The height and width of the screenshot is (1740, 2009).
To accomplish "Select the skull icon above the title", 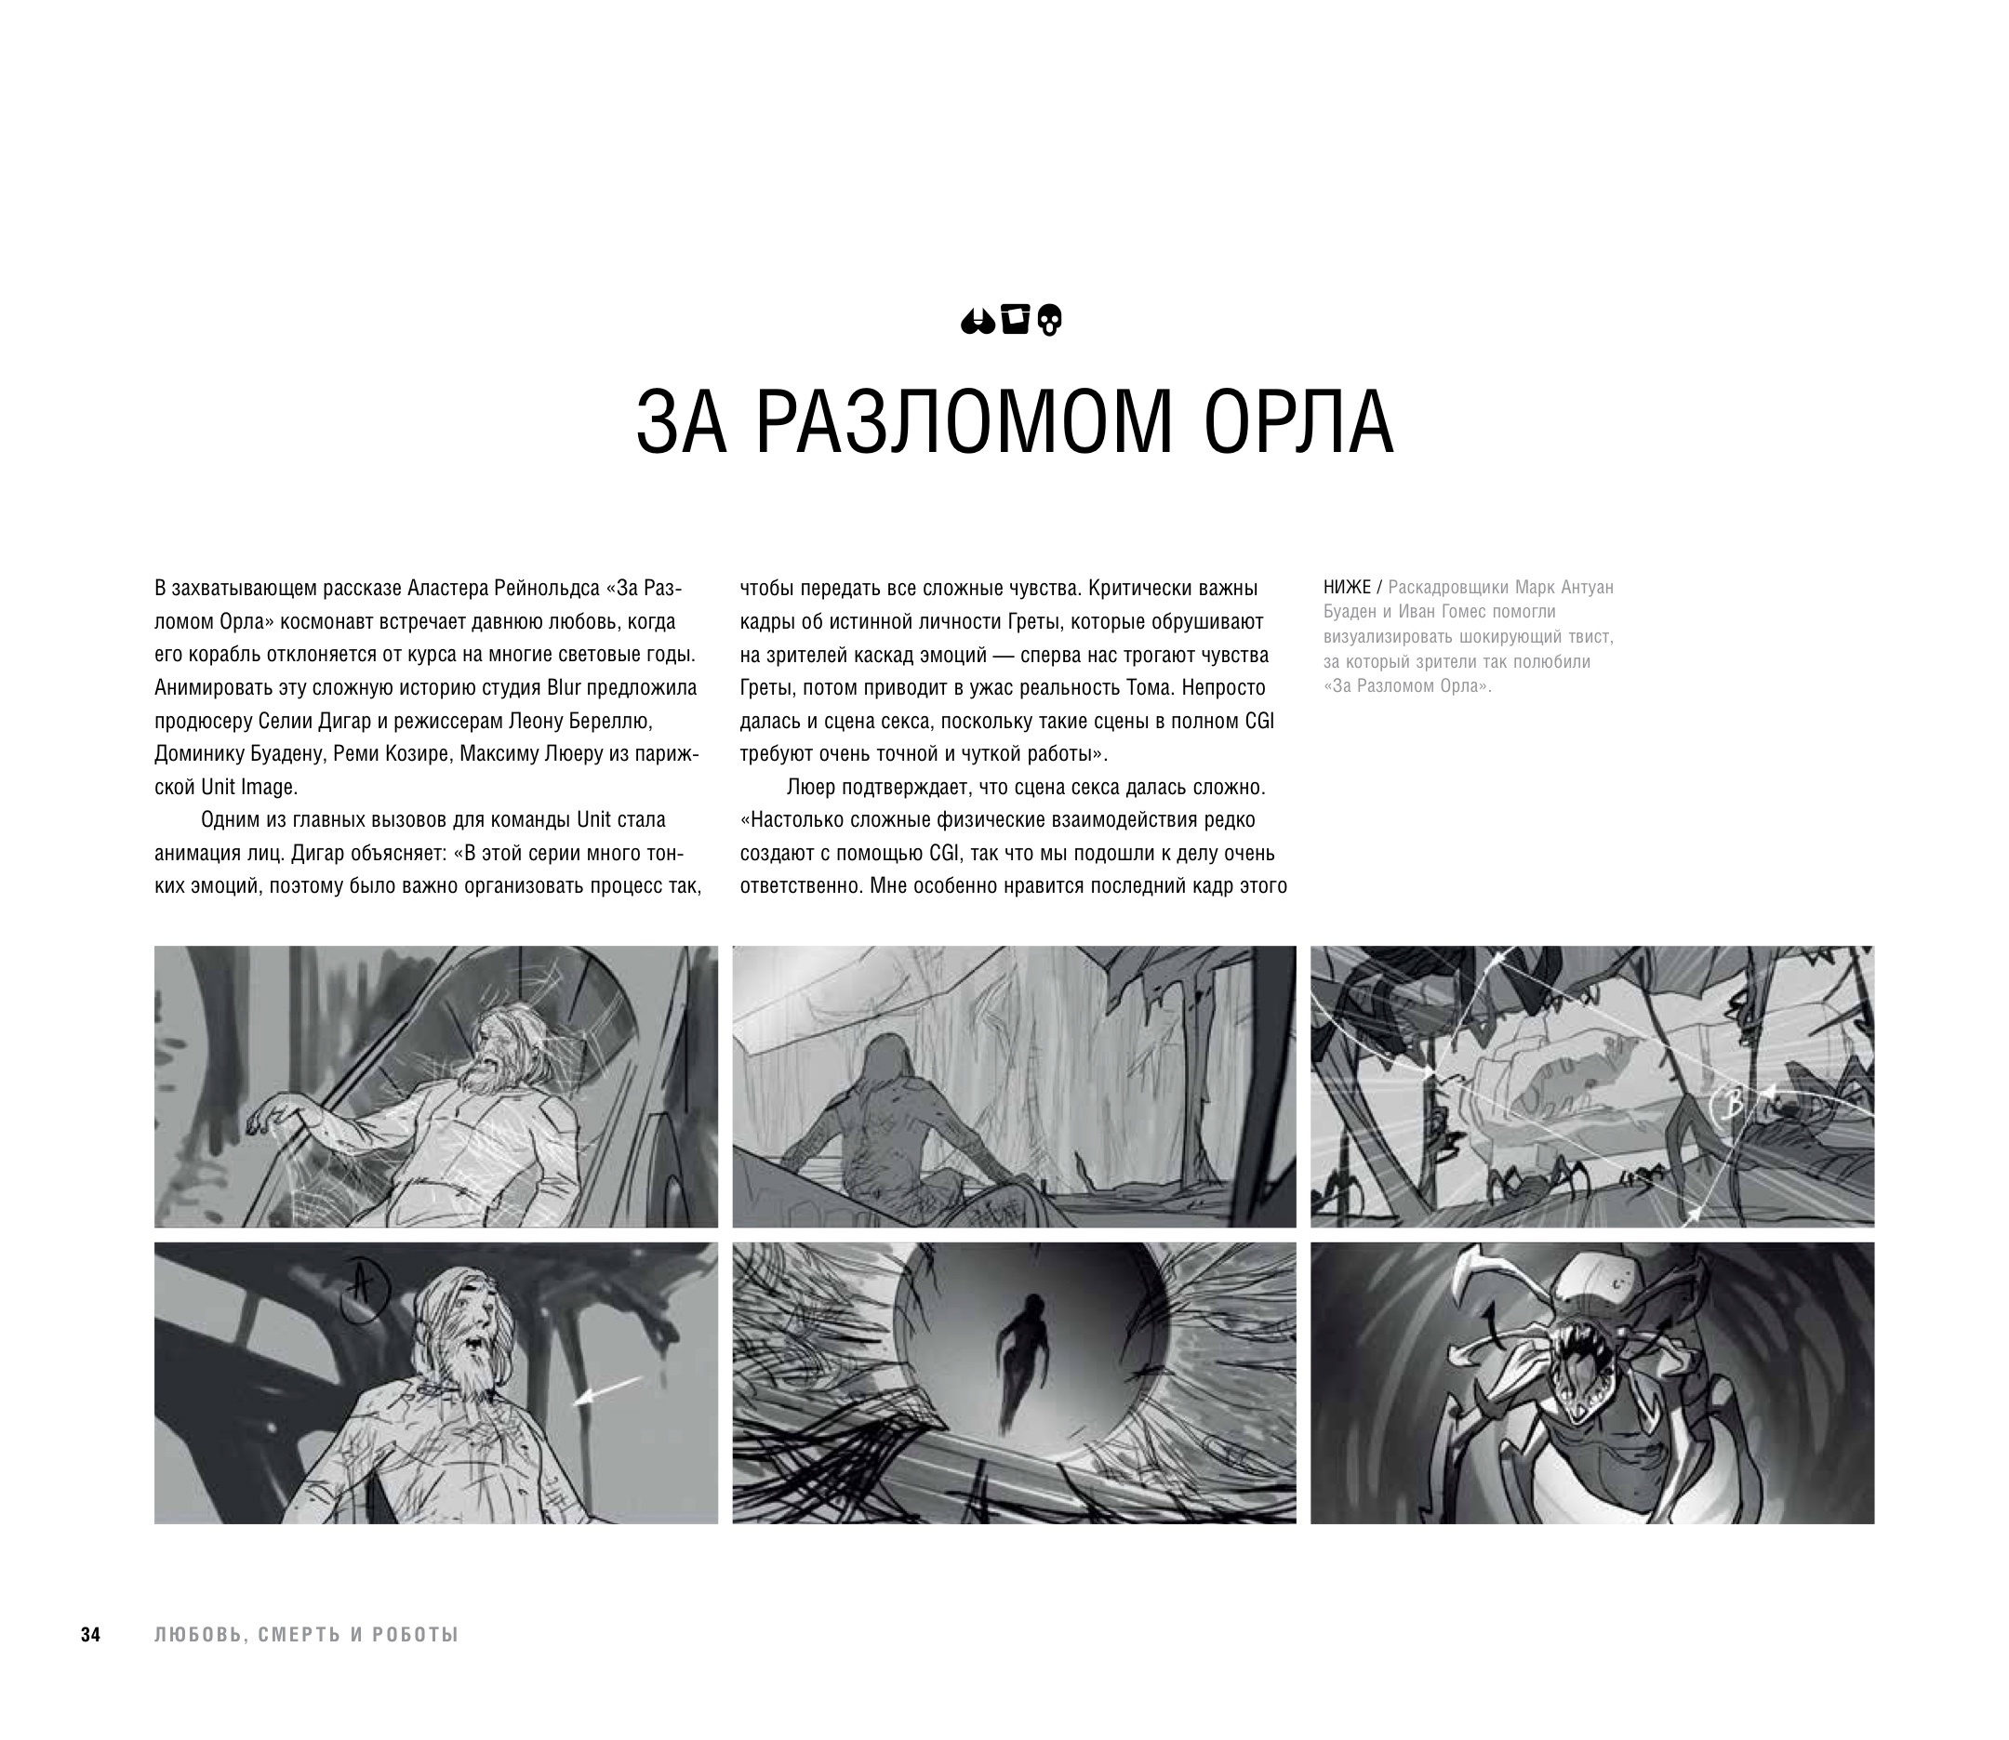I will click(1050, 321).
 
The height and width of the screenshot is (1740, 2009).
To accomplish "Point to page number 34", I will click(90, 1635).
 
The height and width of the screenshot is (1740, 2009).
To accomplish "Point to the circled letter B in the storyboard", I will click(1730, 1103).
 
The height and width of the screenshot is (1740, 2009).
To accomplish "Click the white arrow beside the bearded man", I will click(606, 1390).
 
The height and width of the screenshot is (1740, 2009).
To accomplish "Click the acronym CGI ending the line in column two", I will click(1259, 721).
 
